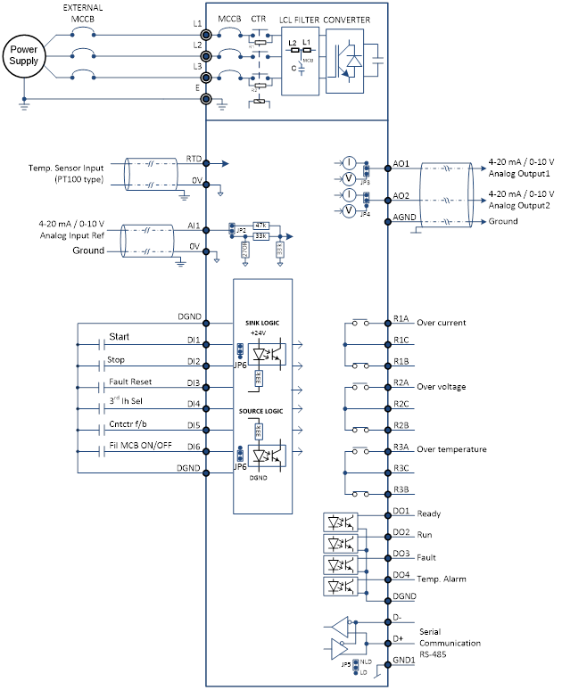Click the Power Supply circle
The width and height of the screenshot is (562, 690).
click(24, 53)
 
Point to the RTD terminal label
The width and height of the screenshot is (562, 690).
click(194, 158)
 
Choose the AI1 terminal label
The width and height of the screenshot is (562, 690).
click(194, 226)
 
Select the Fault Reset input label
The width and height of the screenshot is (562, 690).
click(130, 382)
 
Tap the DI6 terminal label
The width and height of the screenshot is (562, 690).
click(194, 447)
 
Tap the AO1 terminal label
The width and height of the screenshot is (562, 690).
click(401, 164)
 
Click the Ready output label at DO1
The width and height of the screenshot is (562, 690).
click(429, 513)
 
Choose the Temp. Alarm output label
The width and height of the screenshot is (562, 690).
click(442, 579)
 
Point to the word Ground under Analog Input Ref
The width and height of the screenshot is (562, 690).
click(88, 251)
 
